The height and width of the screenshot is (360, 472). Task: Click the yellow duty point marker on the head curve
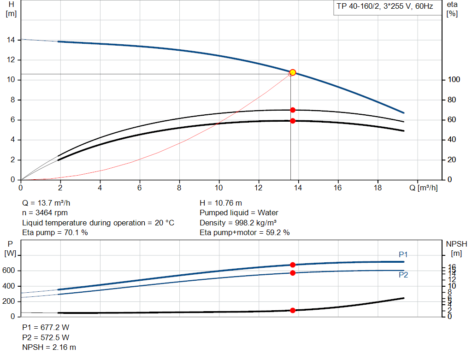[x=293, y=72]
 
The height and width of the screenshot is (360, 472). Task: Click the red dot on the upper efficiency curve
[x=293, y=110]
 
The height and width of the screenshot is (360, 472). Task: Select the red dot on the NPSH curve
[x=293, y=310]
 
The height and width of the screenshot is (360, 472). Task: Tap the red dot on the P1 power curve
[x=293, y=265]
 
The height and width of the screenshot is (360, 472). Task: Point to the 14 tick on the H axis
[x=10, y=40]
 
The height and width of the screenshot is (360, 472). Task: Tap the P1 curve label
[x=403, y=254]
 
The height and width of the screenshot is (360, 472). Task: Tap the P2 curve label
[x=403, y=275]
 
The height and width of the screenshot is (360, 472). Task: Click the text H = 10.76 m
[x=221, y=203]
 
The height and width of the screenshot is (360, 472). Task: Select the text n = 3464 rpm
[x=45, y=213]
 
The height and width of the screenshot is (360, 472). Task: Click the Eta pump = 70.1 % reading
[x=55, y=232]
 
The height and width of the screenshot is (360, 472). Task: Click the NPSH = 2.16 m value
[x=49, y=347]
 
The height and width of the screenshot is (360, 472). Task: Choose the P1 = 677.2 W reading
[x=46, y=327]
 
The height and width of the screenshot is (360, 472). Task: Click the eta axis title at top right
[x=452, y=8]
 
